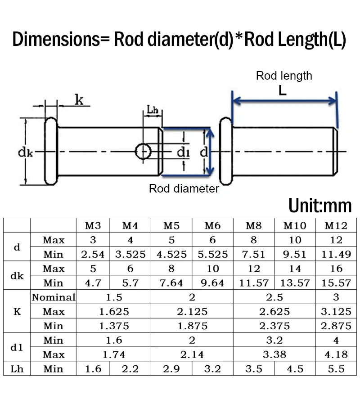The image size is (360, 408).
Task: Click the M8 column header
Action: point(254,225)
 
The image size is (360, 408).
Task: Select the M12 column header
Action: point(336,225)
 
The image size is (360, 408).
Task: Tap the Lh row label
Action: point(17,369)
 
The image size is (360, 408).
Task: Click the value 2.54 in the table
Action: point(93,254)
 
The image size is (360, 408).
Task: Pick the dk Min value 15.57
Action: point(336,283)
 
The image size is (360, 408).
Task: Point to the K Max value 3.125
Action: point(336,311)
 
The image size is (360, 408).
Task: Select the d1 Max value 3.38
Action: point(274,354)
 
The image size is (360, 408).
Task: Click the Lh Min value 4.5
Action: point(295,369)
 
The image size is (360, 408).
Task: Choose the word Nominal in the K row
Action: point(54,297)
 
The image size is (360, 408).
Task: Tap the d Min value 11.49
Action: point(336,254)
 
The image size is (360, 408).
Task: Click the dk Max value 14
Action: point(295,269)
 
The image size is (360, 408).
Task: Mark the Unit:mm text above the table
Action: point(320,206)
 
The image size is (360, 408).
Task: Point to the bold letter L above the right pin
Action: point(283,90)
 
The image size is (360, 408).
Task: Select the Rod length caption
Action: point(284,76)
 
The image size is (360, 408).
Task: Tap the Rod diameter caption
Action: point(184,188)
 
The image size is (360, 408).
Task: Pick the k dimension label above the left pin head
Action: point(79,100)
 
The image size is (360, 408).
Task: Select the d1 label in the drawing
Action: point(183,153)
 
